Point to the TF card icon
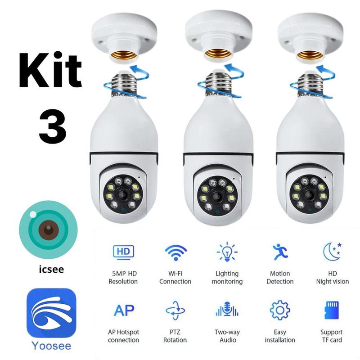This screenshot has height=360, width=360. click(x=332, y=311)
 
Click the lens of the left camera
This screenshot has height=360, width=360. click(x=122, y=194)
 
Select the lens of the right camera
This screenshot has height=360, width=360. click(x=309, y=194)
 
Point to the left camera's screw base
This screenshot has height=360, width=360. click(x=124, y=84)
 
